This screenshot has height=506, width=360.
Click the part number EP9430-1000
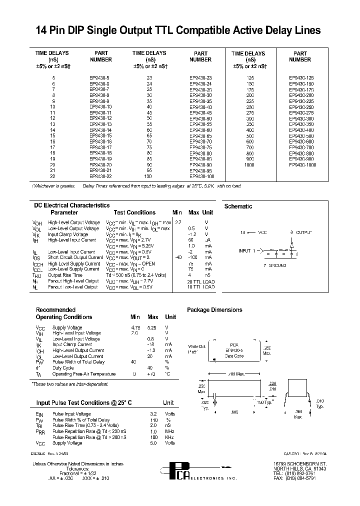tap(302, 165)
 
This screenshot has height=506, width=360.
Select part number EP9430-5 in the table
tap(100, 78)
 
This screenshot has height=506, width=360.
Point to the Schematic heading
tap(238, 206)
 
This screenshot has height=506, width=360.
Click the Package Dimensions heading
tap(214, 310)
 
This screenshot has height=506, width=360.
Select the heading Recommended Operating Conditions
tap(64, 313)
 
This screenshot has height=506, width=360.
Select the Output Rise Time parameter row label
tap(65, 275)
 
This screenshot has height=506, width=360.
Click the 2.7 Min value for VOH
tap(178, 222)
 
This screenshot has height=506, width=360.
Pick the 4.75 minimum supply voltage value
tap(135, 327)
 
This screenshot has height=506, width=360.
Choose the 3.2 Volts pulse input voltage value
tap(154, 413)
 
